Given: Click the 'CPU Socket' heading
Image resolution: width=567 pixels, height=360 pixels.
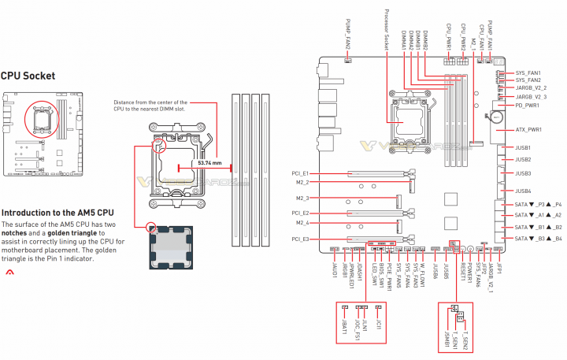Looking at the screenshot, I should click(x=28, y=76).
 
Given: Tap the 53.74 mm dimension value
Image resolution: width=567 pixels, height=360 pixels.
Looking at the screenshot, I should click(x=210, y=164).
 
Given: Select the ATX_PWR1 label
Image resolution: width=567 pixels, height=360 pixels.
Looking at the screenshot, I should click(x=530, y=129).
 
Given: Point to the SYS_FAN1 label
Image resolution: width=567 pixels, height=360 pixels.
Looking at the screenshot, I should click(x=528, y=72).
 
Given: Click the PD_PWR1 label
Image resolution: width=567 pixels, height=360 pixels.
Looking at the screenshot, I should click(x=528, y=105).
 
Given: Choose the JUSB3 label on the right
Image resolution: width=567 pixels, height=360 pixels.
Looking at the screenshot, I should click(x=523, y=173).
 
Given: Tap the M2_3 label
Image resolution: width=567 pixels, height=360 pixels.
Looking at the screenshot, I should click(x=302, y=199).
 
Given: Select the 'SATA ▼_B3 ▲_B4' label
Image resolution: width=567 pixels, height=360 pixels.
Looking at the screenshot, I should click(x=538, y=238).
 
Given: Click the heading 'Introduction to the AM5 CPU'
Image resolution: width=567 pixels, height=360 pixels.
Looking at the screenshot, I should click(x=57, y=213).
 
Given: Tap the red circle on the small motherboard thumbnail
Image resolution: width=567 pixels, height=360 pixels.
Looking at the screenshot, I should click(x=36, y=118).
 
